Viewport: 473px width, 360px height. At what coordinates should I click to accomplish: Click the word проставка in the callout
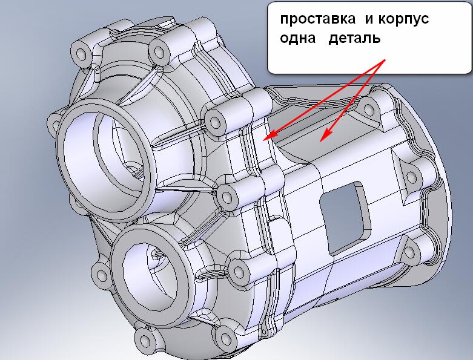(x=317, y=19)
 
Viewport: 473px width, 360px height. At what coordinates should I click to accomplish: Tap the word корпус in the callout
(x=403, y=19)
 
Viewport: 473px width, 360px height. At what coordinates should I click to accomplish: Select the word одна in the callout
(x=298, y=38)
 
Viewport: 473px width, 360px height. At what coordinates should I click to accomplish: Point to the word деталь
(x=354, y=39)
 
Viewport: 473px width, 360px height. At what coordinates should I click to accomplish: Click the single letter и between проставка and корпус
(x=369, y=19)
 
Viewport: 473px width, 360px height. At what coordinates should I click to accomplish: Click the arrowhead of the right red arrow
(x=324, y=136)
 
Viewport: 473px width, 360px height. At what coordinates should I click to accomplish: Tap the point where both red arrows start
(x=385, y=60)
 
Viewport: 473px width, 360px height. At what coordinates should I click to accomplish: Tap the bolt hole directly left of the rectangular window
(x=227, y=198)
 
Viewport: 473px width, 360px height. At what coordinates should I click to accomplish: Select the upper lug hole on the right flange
(x=369, y=110)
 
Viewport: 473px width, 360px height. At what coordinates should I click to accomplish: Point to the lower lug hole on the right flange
(x=409, y=252)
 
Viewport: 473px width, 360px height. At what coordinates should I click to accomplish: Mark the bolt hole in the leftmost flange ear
(x=56, y=124)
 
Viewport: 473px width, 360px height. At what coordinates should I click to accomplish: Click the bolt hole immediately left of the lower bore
(x=101, y=275)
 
